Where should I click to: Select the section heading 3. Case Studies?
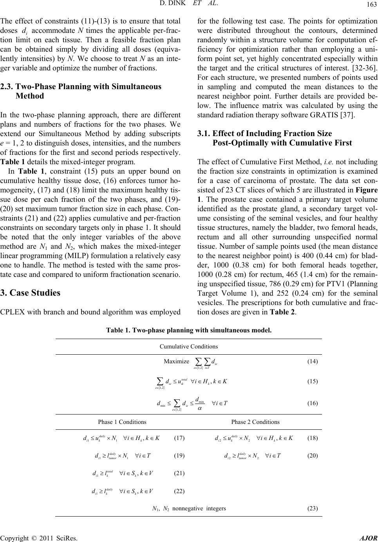coord(31,271)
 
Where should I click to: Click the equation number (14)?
coord(312,361)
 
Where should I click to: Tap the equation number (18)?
coord(312,438)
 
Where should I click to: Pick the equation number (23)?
coord(312,508)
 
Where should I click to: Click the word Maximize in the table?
coord(176,361)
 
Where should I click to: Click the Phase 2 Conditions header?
coord(255,422)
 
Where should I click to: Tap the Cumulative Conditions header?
coord(189,346)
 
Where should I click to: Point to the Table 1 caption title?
coord(189,330)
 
